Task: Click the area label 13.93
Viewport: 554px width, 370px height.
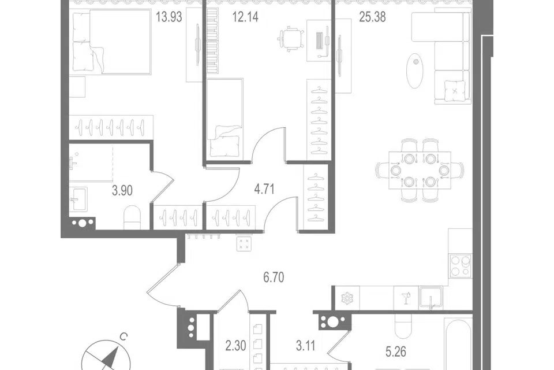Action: click(x=169, y=17)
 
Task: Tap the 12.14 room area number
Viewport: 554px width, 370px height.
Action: click(x=245, y=17)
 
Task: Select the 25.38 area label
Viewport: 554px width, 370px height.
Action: click(x=372, y=17)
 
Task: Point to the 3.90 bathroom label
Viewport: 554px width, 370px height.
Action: click(x=122, y=190)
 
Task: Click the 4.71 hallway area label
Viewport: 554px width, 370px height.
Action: click(x=264, y=189)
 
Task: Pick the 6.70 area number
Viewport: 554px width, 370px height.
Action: click(x=274, y=277)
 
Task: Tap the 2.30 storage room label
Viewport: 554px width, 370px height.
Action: click(x=235, y=345)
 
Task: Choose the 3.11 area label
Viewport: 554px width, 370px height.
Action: click(x=305, y=345)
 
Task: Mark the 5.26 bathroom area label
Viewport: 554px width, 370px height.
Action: click(x=396, y=351)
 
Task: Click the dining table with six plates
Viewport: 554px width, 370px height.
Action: click(x=420, y=171)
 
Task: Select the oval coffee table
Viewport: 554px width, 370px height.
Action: click(x=415, y=71)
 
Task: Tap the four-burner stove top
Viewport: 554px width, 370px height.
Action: click(x=461, y=265)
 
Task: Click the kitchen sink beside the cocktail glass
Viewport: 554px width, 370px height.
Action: click(x=431, y=297)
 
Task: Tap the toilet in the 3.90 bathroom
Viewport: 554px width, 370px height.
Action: click(x=133, y=217)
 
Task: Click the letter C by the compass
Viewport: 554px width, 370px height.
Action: click(x=123, y=336)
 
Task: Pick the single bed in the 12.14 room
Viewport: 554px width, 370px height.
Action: click(x=224, y=118)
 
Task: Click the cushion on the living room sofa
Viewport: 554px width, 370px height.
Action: click(x=455, y=90)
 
